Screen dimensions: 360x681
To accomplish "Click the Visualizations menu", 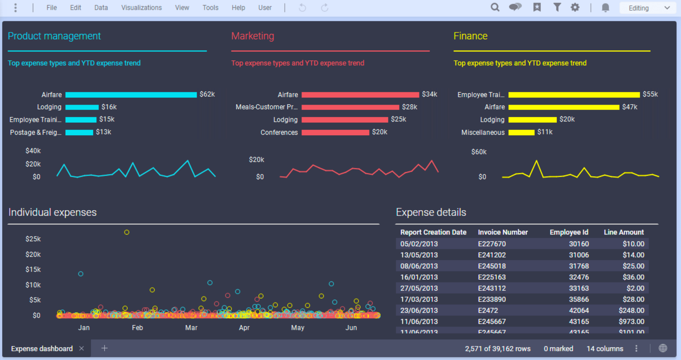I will pyautogui.click(x=141, y=8).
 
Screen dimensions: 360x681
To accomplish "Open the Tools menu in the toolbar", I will pyautogui.click(x=210, y=8).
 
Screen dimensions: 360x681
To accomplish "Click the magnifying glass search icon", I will pyautogui.click(x=495, y=7).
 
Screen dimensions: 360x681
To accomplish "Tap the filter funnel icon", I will pyautogui.click(x=557, y=7).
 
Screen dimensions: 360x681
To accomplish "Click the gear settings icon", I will pyautogui.click(x=575, y=7).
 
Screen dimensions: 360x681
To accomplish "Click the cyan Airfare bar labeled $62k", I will pyautogui.click(x=131, y=94).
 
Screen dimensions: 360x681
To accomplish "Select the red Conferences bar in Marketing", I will pyautogui.click(x=335, y=132).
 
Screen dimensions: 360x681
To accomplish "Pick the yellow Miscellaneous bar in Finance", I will pyautogui.click(x=521, y=132).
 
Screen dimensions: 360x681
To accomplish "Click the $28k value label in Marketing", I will pyautogui.click(x=410, y=107).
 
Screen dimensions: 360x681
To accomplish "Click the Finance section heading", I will pyautogui.click(x=470, y=36).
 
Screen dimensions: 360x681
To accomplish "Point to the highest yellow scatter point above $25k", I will pyautogui.click(x=127, y=232).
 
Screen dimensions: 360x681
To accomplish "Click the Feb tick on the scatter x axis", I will pyautogui.click(x=137, y=328).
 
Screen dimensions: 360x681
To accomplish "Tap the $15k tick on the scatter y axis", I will pyautogui.click(x=33, y=270).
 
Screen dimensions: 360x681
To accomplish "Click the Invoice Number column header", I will pyautogui.click(x=503, y=232).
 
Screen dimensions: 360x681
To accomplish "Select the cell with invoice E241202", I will pyautogui.click(x=492, y=255).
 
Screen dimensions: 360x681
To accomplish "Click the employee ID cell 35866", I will pyautogui.click(x=579, y=299).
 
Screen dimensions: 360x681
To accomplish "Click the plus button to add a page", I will pyautogui.click(x=105, y=348).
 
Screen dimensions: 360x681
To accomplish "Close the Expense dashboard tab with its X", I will pyautogui.click(x=82, y=348).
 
